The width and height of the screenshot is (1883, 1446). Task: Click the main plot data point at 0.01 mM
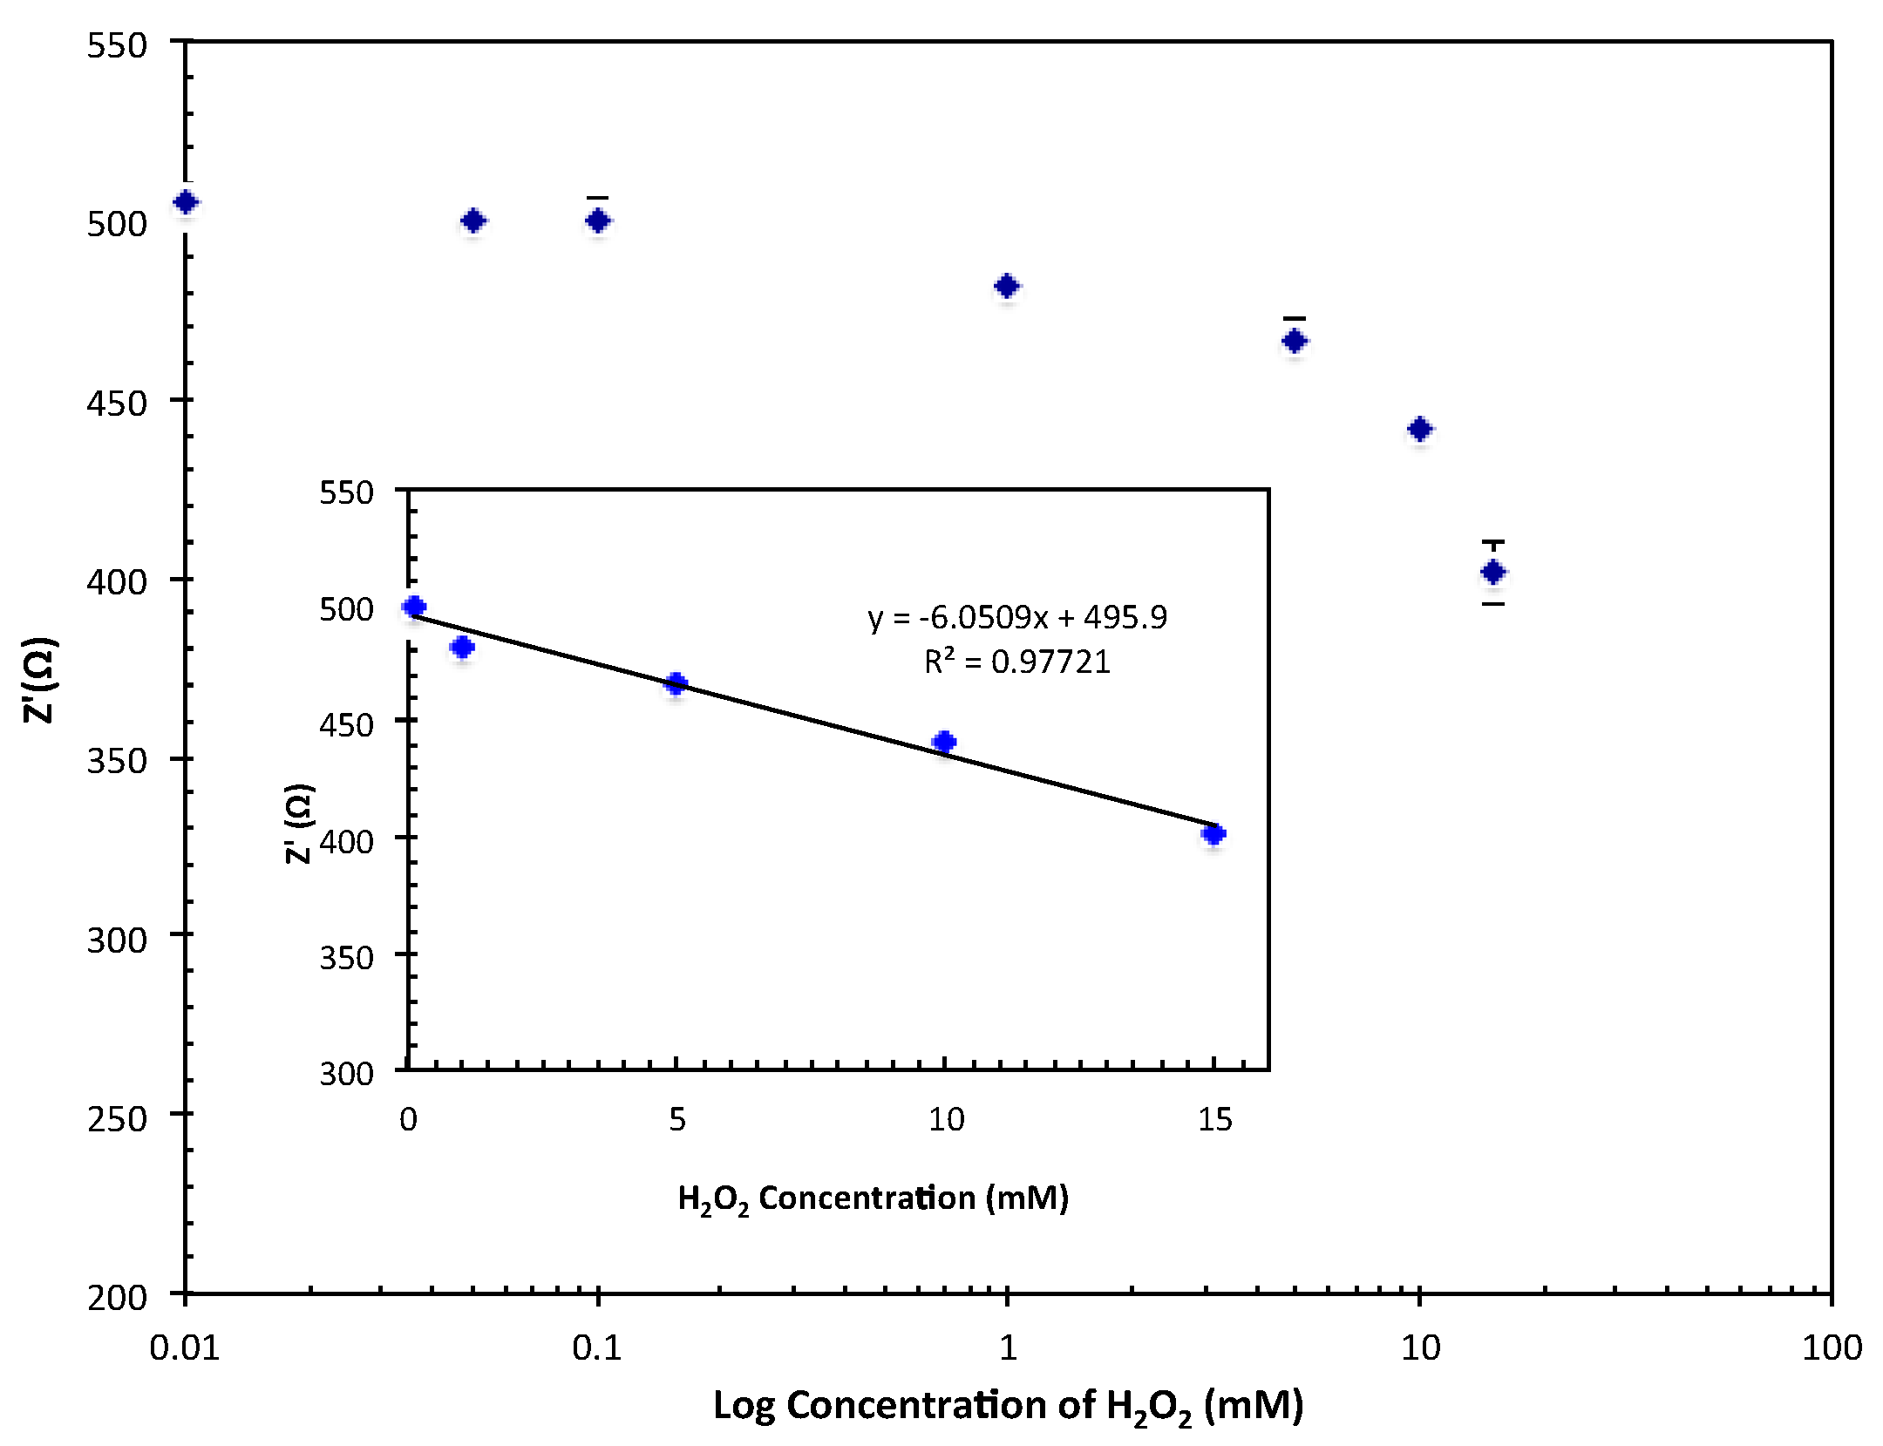tap(186, 202)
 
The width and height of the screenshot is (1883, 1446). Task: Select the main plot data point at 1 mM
tap(1007, 286)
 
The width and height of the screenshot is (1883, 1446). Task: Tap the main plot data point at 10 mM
tap(1420, 429)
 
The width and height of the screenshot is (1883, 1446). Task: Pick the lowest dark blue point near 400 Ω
tap(1493, 572)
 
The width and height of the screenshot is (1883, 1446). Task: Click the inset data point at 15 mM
tap(1213, 834)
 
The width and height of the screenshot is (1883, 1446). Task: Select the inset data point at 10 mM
tap(944, 742)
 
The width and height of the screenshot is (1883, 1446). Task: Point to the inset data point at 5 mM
tap(676, 683)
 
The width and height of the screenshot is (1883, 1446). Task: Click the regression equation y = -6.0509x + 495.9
tap(1016, 618)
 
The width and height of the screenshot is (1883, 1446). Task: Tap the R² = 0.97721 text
tap(1016, 662)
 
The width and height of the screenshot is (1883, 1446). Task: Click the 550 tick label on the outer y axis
tap(117, 45)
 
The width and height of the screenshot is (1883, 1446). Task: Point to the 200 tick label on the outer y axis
tap(117, 1297)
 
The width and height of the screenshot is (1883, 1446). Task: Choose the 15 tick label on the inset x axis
tap(1214, 1119)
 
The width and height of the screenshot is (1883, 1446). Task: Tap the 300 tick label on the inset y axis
tap(346, 1073)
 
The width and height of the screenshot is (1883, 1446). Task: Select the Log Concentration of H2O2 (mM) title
tap(1008, 1406)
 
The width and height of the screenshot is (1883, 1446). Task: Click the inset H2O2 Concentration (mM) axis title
tap(873, 1198)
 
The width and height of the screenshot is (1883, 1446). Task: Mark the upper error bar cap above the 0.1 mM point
tap(597, 198)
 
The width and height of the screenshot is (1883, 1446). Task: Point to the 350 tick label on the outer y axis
tap(117, 761)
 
